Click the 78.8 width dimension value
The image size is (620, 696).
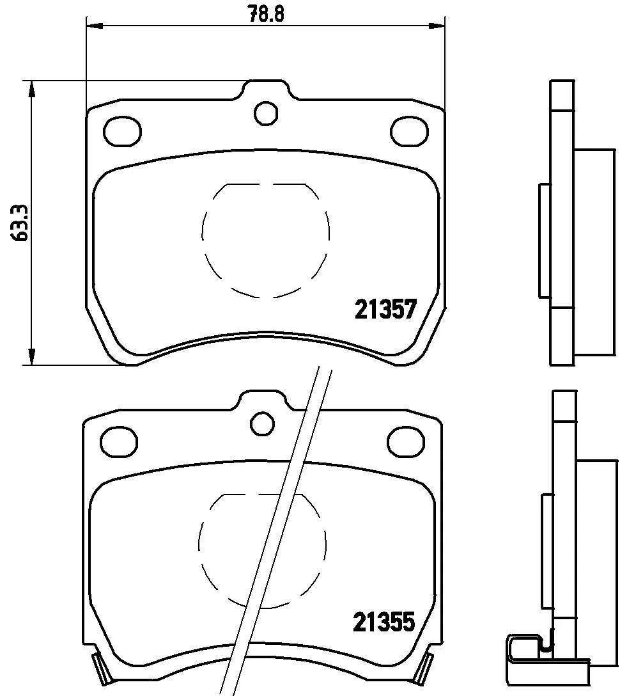click(265, 12)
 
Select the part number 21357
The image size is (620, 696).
click(385, 311)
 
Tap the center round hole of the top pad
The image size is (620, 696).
click(266, 114)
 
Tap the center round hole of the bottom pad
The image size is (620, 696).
click(262, 423)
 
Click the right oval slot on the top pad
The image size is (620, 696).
click(409, 131)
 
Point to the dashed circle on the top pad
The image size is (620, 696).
click(266, 240)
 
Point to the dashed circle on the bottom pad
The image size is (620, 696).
click(262, 550)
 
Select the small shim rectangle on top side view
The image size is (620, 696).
click(545, 240)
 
